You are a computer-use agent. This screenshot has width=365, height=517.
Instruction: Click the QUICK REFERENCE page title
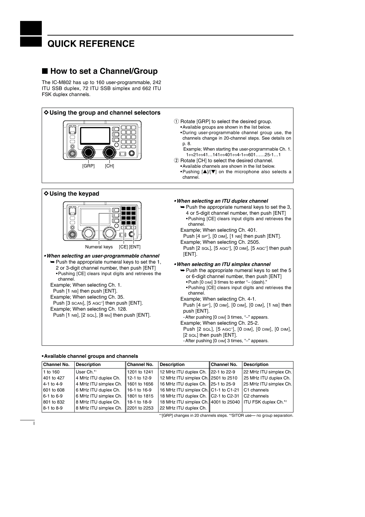[91, 44]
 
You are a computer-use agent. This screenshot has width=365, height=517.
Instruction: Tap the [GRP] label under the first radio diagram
[88, 166]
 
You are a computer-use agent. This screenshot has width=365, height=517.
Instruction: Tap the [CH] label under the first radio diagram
[109, 166]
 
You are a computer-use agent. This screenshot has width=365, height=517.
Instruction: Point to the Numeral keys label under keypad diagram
[99, 247]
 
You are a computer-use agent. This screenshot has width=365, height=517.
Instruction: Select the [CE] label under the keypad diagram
[123, 247]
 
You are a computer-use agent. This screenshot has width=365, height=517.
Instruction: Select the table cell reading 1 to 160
[51, 372]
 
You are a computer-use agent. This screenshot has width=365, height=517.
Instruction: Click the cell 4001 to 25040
[225, 402]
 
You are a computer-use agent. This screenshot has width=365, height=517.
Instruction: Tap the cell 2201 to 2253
[140, 408]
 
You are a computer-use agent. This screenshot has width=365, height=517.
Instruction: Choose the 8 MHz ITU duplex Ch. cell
[98, 402]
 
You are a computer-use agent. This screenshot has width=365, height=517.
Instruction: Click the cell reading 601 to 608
[54, 390]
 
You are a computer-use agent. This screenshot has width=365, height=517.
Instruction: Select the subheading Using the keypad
[74, 194]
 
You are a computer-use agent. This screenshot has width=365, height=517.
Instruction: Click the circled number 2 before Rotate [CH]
[176, 161]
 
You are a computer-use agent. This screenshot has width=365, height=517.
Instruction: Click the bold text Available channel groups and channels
[91, 356]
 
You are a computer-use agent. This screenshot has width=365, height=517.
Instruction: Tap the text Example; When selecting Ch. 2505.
[220, 242]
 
